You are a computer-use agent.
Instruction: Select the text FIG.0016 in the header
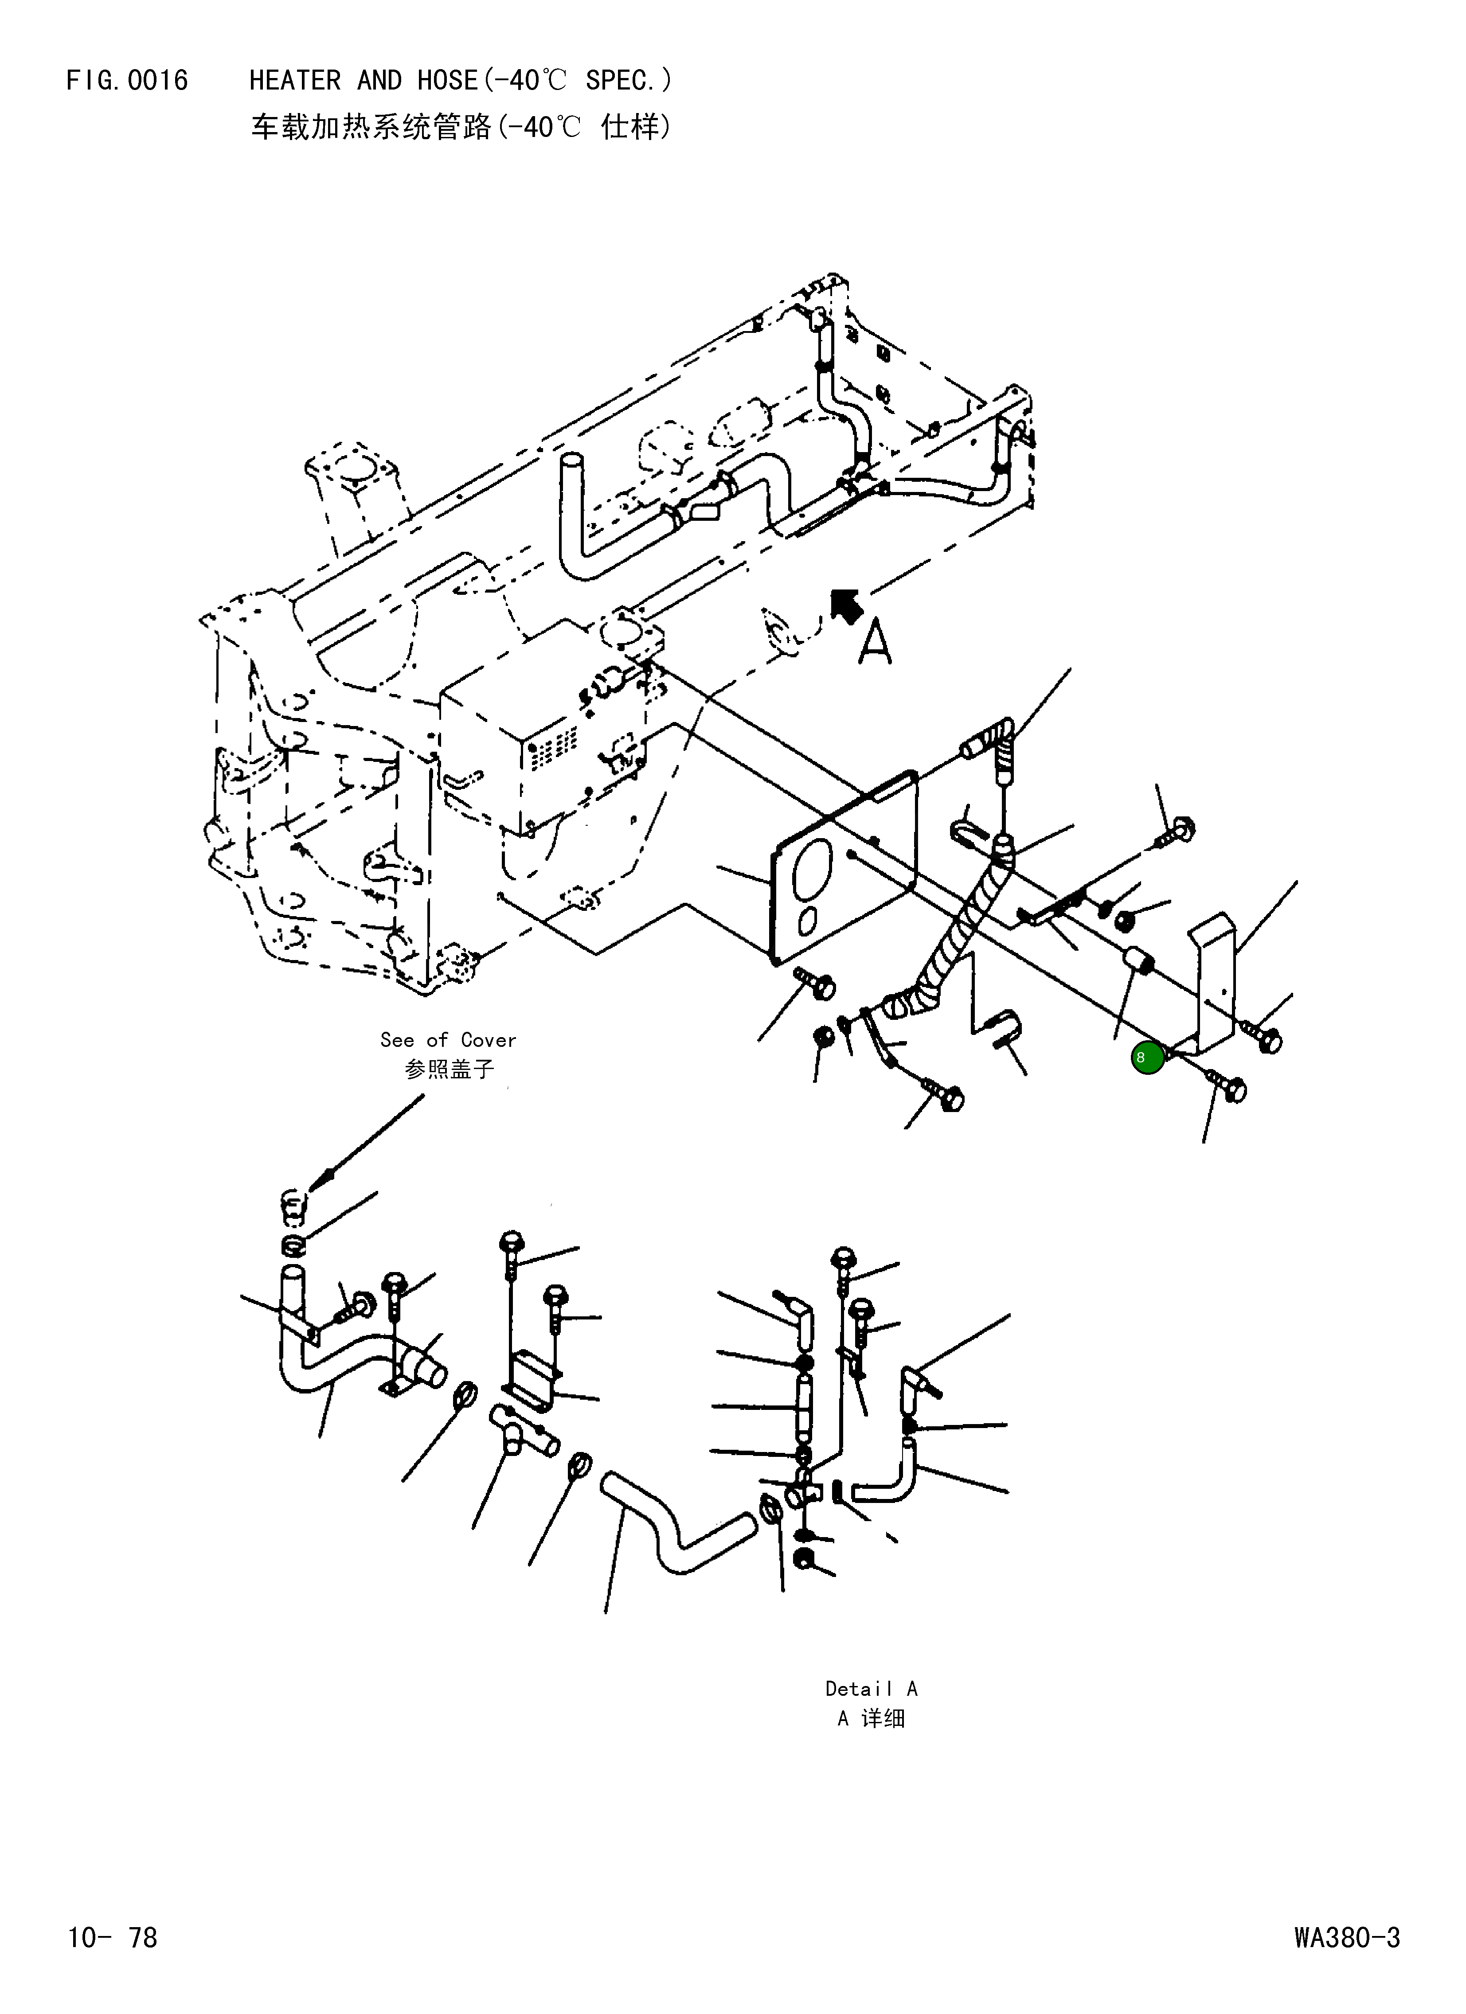pyautogui.click(x=127, y=81)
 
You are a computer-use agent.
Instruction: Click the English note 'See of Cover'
pyautogui.click(x=448, y=1039)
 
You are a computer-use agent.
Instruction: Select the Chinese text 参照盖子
pyautogui.click(x=449, y=1068)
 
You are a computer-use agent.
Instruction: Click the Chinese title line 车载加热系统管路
pyautogui.click(x=371, y=128)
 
